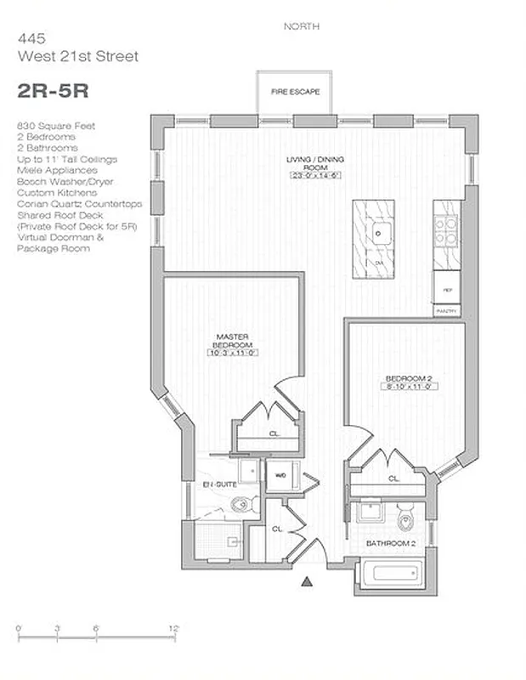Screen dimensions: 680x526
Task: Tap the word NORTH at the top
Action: click(301, 26)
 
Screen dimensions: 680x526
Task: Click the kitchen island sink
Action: click(376, 233)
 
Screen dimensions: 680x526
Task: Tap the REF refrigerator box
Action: click(446, 290)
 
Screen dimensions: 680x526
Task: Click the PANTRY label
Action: click(446, 312)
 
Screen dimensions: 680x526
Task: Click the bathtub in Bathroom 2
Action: click(389, 575)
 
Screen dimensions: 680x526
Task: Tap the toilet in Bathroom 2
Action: click(405, 515)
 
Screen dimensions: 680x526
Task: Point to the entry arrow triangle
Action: click(308, 581)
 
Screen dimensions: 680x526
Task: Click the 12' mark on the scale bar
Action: click(173, 627)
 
